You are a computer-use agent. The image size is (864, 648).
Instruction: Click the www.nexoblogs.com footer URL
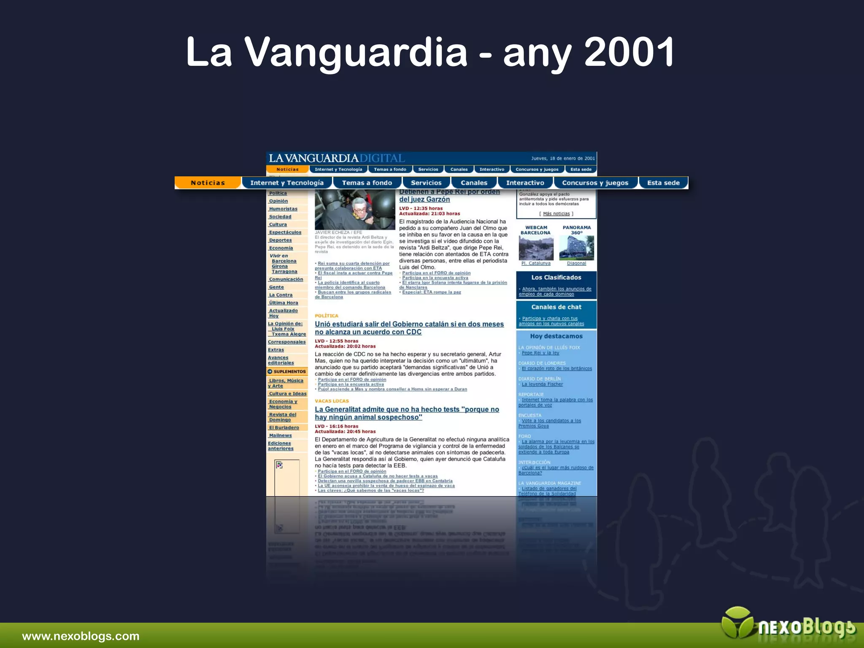(x=81, y=636)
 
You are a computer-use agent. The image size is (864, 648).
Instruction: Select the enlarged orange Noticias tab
(x=208, y=183)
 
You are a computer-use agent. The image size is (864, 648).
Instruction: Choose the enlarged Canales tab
(x=474, y=183)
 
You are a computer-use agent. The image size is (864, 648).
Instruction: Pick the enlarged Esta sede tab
(x=663, y=183)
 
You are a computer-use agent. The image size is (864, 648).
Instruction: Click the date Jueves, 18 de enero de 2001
(x=563, y=159)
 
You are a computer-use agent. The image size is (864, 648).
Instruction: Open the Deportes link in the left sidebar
(x=280, y=240)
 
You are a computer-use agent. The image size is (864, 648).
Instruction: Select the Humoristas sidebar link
(x=283, y=209)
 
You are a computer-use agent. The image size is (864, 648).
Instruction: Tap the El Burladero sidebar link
(x=284, y=427)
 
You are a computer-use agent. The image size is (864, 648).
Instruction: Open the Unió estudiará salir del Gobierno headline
(x=409, y=328)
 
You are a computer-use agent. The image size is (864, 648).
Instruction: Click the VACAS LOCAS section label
(x=332, y=401)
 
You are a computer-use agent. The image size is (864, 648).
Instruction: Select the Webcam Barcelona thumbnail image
(x=536, y=248)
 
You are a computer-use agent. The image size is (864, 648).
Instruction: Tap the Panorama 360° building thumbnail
(x=576, y=248)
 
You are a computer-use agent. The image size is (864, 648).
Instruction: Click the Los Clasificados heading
(x=556, y=278)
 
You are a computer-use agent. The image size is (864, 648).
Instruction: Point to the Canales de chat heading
(x=556, y=307)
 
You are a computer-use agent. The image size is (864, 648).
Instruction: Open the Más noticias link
(x=556, y=213)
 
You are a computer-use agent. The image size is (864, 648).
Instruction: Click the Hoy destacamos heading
(x=556, y=336)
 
